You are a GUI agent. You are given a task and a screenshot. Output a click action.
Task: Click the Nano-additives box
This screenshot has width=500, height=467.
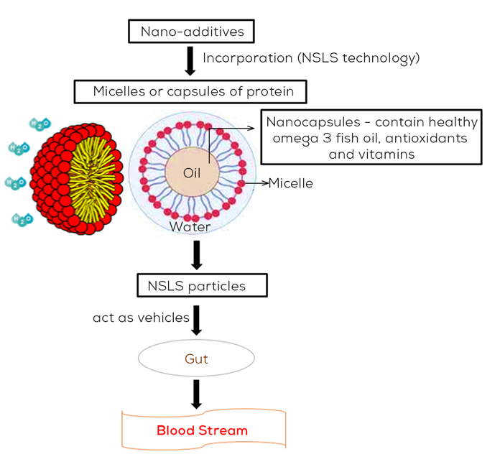point(190,32)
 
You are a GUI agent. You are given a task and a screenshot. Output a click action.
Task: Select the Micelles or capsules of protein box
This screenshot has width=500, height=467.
point(190,92)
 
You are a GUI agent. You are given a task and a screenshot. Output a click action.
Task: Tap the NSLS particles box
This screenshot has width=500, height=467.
point(202,286)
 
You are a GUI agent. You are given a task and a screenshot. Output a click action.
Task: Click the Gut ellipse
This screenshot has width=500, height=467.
point(195,358)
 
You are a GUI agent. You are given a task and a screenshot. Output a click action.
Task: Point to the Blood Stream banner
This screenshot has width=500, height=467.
point(203,431)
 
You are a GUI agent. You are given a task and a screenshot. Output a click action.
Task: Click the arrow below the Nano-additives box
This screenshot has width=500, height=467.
point(190,61)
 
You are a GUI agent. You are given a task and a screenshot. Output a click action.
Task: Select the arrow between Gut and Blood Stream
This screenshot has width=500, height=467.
point(196,394)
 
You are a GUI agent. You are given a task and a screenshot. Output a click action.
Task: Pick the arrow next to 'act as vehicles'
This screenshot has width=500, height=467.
point(196,318)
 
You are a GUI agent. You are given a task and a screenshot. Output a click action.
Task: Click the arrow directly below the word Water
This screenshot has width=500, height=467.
point(196,254)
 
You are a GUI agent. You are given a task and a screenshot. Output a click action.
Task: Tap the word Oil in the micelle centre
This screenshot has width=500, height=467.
point(192,173)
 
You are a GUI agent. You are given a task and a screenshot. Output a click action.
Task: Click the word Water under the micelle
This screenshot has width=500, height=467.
point(190,227)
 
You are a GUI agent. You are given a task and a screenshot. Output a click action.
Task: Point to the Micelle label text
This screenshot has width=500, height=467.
point(291,183)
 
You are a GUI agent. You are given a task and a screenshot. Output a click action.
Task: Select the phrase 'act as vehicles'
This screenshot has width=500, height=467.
point(141,317)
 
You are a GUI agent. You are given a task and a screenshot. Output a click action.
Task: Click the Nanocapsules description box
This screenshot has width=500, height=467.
point(369,137)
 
